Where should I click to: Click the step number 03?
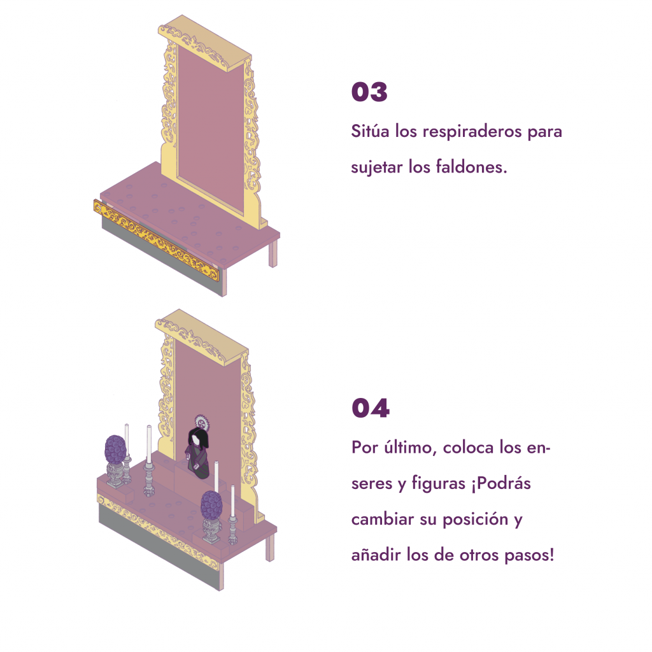[x=369, y=92]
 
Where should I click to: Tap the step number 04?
[x=371, y=408]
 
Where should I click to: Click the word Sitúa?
[x=370, y=131]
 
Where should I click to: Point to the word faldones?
[x=472, y=167]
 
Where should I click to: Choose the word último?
[x=409, y=448]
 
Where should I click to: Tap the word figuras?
[x=438, y=484]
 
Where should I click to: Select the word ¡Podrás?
[x=501, y=484]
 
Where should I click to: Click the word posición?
[x=475, y=520]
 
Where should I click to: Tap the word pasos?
[x=529, y=555]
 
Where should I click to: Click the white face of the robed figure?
[x=195, y=439]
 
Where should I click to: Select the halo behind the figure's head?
[x=202, y=423]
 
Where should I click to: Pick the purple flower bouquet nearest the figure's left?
[x=115, y=450]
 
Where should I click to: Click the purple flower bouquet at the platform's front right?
[x=211, y=505]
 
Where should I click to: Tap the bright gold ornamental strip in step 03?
[x=156, y=240]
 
